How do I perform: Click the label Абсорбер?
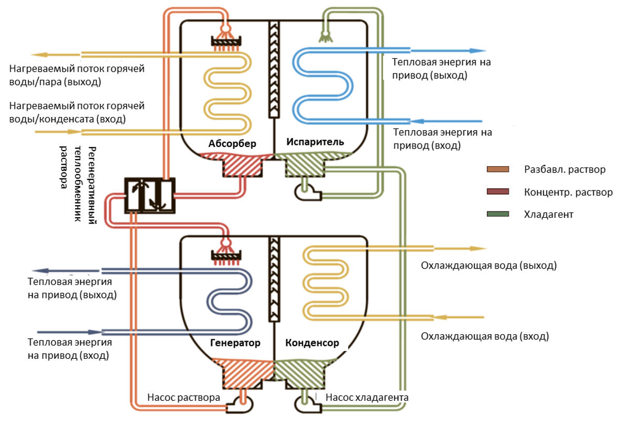tap(232, 143)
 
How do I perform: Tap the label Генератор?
tap(235, 343)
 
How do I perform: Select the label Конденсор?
tap(312, 343)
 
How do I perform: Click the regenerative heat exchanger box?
tap(149, 195)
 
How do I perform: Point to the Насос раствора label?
tap(183, 397)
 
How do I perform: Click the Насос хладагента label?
tap(367, 397)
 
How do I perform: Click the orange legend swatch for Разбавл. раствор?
tap(498, 169)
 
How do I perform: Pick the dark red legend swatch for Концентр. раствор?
tap(498, 192)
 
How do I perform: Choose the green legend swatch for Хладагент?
tap(498, 214)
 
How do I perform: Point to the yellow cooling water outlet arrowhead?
tap(479, 248)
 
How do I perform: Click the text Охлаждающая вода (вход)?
tap(484, 336)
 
